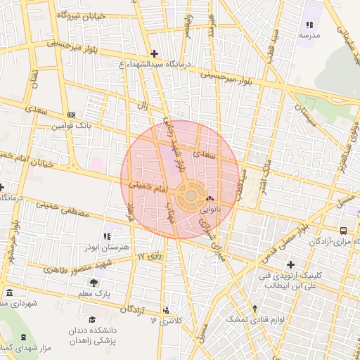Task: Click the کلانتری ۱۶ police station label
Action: [x=166, y=321]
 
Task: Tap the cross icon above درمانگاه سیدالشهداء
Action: [x=154, y=53]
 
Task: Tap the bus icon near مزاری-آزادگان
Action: [x=343, y=231]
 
